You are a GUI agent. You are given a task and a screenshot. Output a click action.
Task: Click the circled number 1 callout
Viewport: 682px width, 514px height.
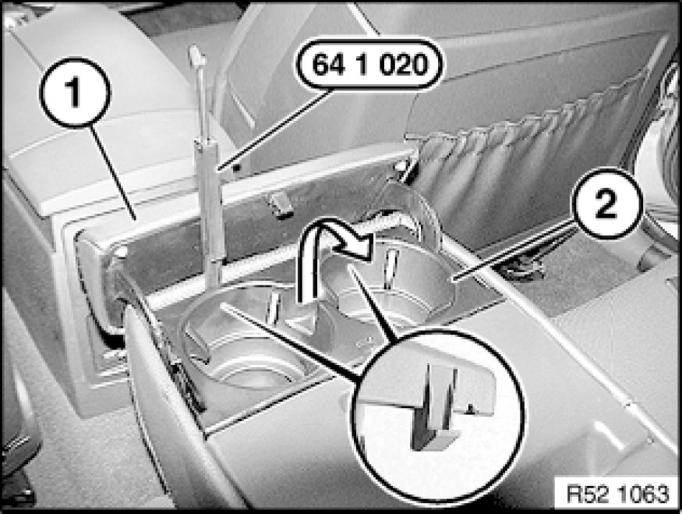(x=76, y=92)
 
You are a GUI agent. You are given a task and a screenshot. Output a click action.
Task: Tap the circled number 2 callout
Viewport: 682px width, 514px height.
(x=606, y=204)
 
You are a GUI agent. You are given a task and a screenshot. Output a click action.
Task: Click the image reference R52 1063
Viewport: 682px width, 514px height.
(x=617, y=494)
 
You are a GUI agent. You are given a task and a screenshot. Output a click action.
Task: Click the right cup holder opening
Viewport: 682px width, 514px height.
(x=391, y=283)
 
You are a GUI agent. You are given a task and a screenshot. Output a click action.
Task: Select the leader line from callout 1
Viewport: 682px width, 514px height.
(x=113, y=172)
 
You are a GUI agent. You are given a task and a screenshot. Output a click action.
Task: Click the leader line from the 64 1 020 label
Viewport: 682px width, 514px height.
(x=276, y=129)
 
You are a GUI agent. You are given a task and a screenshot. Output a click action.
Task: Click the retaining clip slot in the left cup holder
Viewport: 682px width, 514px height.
(x=273, y=309)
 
